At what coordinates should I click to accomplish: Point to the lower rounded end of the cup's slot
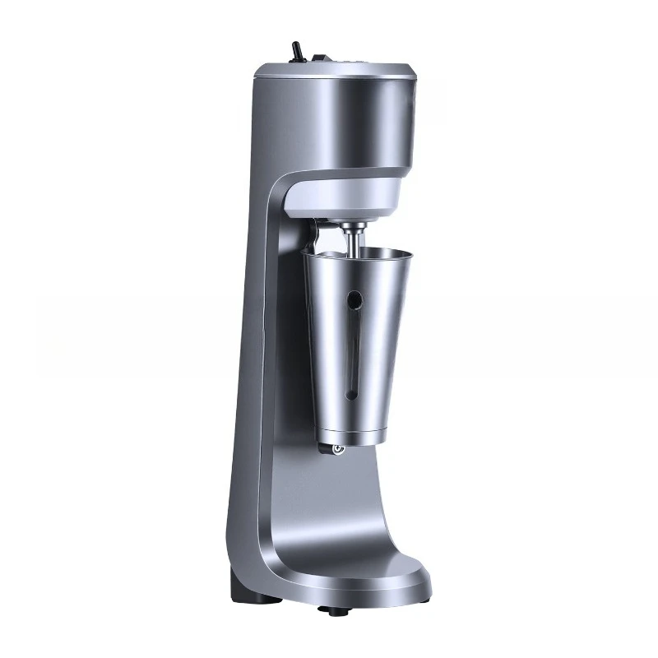(x=351, y=393)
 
